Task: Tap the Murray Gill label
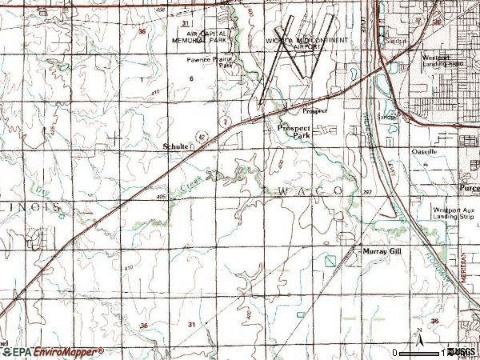tap(380, 250)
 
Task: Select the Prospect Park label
tap(294, 132)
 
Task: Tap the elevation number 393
tap(366, 193)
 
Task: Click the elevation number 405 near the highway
tap(161, 197)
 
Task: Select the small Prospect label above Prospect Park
tap(315, 110)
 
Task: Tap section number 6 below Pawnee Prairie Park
tap(192, 78)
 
